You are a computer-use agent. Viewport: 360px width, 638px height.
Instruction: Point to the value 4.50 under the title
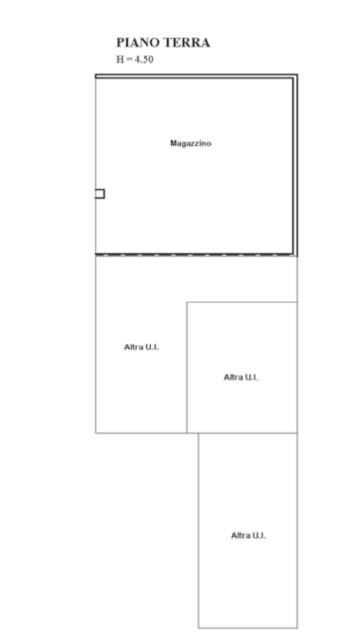(144, 59)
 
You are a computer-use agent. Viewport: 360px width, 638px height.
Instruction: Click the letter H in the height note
(120, 59)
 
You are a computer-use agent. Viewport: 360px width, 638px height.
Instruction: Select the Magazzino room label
(191, 143)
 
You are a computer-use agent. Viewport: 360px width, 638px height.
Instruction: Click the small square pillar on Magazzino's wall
(100, 194)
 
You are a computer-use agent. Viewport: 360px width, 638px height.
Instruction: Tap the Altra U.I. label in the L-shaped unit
(141, 347)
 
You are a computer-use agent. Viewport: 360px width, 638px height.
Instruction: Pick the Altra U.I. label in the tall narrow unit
(248, 535)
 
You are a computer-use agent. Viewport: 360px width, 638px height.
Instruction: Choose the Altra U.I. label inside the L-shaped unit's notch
(241, 377)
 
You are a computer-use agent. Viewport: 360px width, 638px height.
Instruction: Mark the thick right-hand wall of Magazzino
(296, 165)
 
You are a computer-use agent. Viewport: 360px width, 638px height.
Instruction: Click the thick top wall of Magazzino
(197, 76)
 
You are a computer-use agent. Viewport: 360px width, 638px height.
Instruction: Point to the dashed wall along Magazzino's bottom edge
(194, 255)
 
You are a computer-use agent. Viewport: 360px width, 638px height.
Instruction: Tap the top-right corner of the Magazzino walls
(297, 75)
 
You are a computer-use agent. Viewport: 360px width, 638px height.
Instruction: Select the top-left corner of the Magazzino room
(96, 75)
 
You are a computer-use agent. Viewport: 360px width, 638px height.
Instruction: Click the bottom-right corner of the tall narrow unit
(297, 628)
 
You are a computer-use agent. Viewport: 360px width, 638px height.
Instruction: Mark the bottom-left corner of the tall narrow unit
(199, 628)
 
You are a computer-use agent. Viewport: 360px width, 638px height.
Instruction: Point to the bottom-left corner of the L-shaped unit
(96, 433)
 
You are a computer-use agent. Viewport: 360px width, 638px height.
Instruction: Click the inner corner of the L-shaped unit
(187, 302)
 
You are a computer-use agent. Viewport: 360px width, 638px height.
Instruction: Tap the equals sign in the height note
(130, 60)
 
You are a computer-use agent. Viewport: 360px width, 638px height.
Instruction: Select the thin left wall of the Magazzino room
(96, 165)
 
